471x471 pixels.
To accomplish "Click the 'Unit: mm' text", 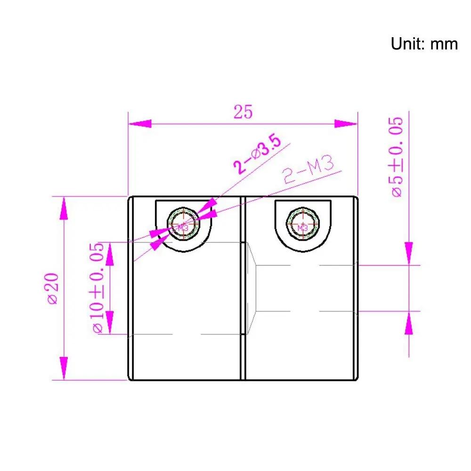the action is (x=424, y=44).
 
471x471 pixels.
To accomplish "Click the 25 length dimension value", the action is (x=243, y=112).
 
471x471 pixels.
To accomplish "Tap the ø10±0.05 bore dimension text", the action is (x=97, y=288).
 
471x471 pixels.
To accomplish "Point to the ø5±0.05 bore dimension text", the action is (x=397, y=157).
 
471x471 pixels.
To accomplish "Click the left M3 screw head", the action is (x=183, y=224).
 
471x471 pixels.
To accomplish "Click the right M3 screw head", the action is (x=303, y=224).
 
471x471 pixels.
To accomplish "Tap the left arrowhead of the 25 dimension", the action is (x=140, y=123).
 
